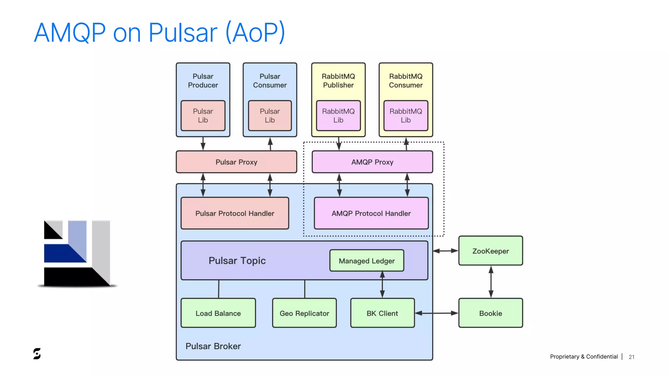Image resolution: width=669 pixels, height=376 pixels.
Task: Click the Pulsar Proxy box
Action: tap(236, 162)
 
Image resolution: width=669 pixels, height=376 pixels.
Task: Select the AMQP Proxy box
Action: tap(372, 162)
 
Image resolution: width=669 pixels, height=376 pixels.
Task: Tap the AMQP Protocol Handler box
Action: tap(371, 213)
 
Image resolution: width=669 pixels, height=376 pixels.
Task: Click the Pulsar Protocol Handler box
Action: tap(235, 213)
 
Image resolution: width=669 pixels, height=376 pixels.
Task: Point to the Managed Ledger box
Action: tap(367, 261)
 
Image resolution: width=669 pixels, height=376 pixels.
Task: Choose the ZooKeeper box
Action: tap(490, 251)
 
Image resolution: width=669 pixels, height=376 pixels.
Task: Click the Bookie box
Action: tap(490, 313)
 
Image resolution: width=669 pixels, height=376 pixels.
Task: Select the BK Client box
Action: tap(382, 313)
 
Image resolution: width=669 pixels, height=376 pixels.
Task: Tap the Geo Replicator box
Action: tap(304, 313)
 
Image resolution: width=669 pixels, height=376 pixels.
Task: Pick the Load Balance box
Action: tap(218, 313)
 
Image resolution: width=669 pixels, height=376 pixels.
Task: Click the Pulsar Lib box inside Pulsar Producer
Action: tap(203, 116)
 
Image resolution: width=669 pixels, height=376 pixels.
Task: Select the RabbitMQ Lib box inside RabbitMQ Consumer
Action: tap(406, 116)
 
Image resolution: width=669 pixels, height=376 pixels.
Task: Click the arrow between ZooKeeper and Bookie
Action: tap(491, 282)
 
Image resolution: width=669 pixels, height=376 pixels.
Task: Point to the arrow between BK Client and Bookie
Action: tap(436, 313)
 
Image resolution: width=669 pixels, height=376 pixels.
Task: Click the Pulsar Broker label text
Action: tap(213, 346)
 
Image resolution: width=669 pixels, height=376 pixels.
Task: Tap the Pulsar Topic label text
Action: tap(237, 260)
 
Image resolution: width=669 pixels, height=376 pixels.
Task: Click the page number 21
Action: tap(631, 357)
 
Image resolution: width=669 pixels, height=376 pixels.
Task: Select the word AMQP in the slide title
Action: tap(70, 33)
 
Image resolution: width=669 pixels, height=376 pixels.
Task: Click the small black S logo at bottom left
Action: tap(37, 353)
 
